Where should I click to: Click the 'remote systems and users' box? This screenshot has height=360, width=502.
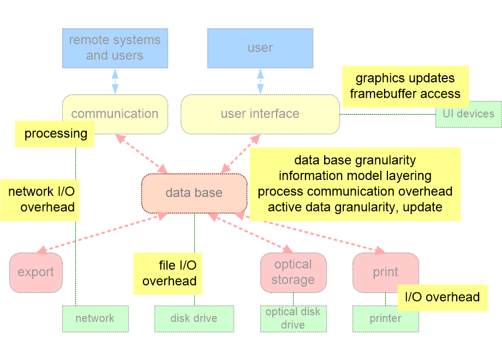point(115,48)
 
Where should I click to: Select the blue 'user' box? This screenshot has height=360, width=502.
point(260,48)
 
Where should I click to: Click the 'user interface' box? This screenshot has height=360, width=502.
point(260,114)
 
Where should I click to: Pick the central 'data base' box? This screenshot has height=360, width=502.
point(194,193)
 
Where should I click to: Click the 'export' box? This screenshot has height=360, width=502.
point(35,272)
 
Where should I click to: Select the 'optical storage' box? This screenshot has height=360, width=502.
point(293,272)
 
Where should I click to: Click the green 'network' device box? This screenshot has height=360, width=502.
point(95,319)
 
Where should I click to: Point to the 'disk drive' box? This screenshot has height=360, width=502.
point(194,319)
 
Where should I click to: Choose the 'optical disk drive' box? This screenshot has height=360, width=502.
point(293,319)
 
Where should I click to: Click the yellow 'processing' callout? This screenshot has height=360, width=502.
point(55,134)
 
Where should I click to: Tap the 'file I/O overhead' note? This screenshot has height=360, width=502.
point(169,273)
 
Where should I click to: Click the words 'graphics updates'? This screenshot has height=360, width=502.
point(405,78)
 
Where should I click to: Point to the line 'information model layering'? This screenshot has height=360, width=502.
point(355,176)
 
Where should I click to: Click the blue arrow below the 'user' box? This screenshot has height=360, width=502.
point(260,81)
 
